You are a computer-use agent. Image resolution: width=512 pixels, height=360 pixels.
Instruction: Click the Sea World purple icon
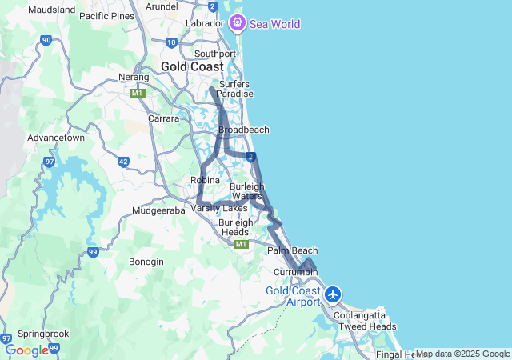238,23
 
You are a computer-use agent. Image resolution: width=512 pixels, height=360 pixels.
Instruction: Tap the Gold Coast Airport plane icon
334,294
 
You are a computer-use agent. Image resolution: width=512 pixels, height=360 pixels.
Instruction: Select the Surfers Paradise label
234,89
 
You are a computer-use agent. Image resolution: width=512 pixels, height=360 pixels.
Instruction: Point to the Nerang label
134,77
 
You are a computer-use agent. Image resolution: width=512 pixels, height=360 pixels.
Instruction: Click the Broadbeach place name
243,130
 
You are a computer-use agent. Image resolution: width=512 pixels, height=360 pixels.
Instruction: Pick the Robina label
205,180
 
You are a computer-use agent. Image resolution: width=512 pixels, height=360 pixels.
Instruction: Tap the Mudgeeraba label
158,211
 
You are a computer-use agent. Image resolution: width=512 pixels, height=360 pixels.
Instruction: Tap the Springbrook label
43,334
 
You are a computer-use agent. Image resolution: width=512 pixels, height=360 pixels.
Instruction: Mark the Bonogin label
146,262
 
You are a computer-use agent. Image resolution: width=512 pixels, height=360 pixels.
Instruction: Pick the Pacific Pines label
106,16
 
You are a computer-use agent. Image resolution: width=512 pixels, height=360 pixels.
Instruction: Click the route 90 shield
46,39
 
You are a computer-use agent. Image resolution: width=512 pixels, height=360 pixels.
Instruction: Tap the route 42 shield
123,162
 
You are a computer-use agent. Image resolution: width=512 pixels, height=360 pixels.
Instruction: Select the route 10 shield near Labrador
171,42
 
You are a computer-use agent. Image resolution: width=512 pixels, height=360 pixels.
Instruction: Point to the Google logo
26,350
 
